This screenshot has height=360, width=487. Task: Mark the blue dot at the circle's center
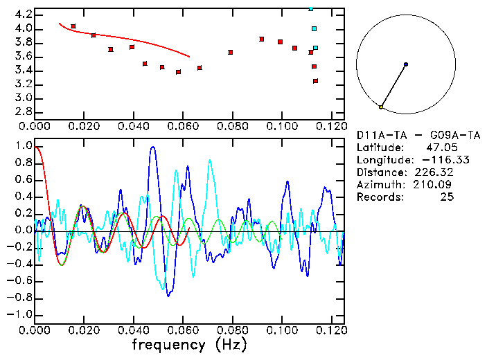[x=406, y=64]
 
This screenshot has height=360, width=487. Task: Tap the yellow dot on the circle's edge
[x=381, y=107]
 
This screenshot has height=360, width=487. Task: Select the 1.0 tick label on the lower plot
[x=22, y=146]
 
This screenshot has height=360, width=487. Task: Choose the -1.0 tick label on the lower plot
[x=21, y=314]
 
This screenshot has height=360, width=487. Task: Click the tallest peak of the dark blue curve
[x=152, y=147]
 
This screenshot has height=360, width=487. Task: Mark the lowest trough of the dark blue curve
[x=168, y=296]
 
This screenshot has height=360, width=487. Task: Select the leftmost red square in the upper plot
[x=73, y=26]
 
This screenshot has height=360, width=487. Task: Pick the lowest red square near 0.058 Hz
[x=179, y=72]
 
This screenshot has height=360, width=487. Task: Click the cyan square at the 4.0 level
[x=314, y=29]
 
